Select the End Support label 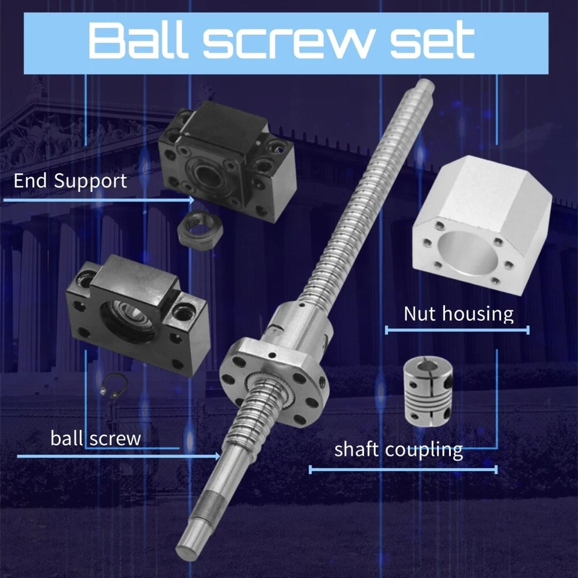(70, 180)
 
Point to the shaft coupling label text (399, 449)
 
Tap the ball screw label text (96, 438)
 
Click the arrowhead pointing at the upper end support (191, 199)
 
